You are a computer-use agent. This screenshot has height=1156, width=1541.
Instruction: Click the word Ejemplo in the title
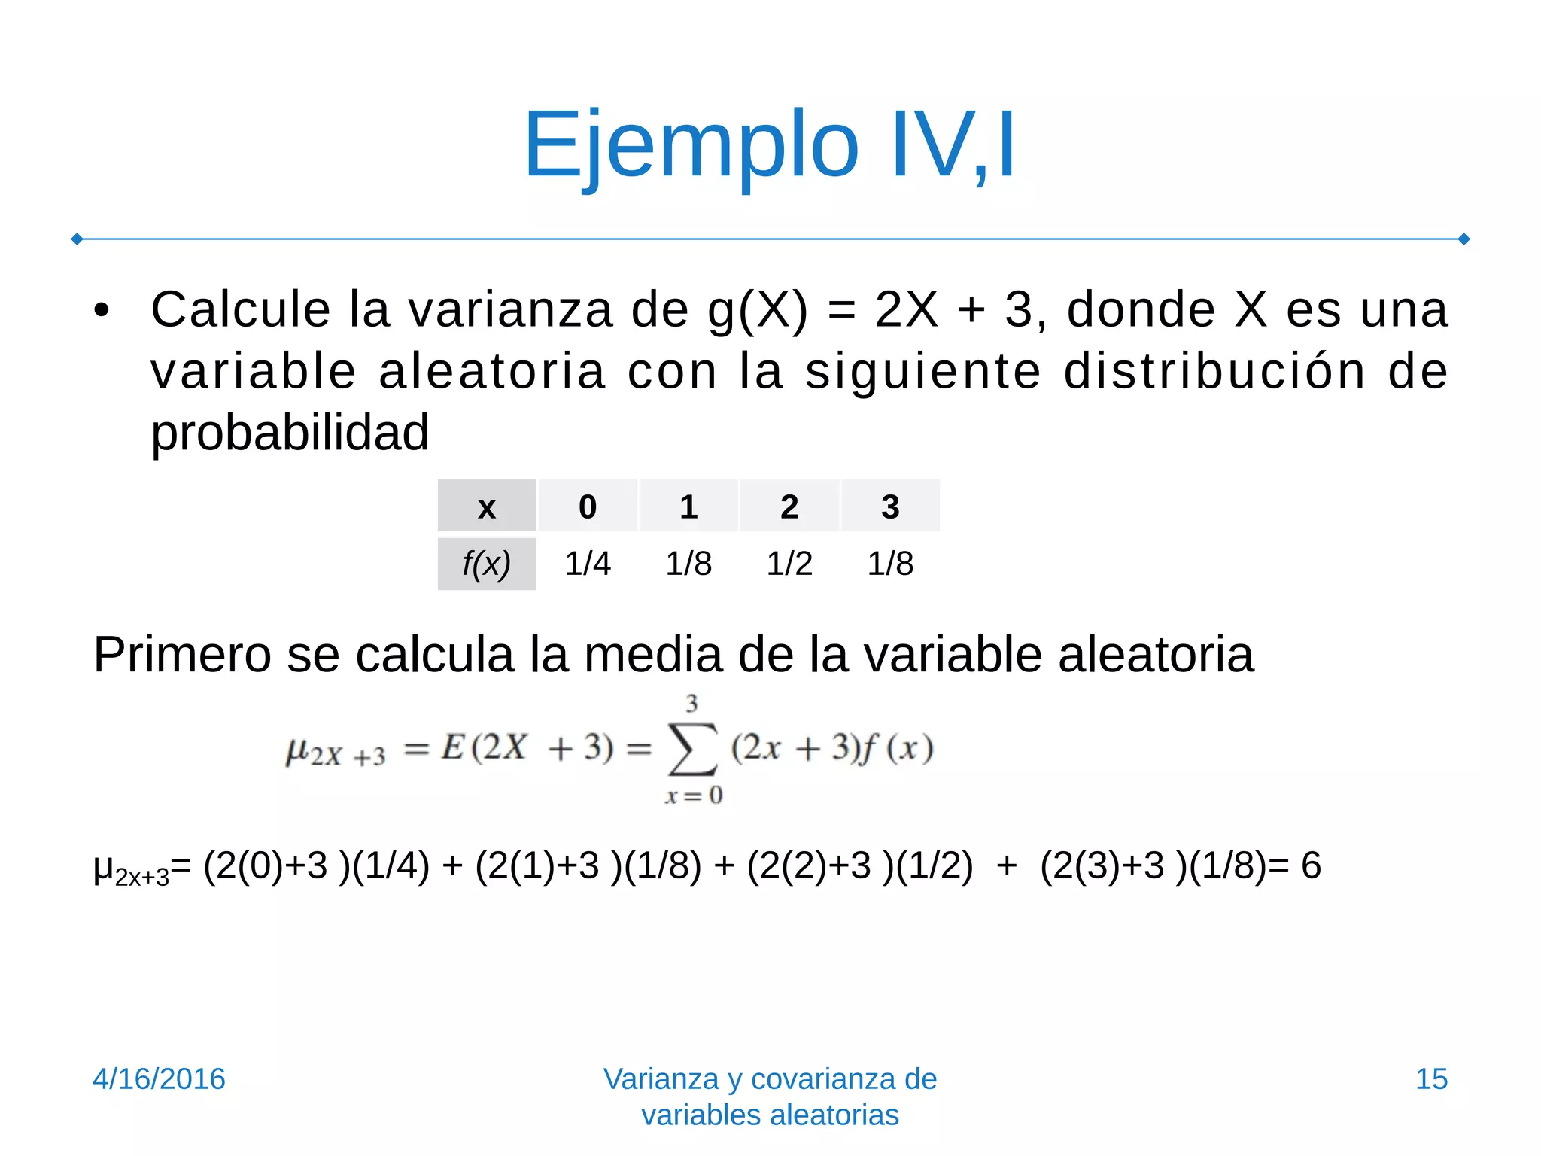pos(691,144)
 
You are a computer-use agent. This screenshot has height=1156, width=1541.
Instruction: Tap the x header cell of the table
pos(487,507)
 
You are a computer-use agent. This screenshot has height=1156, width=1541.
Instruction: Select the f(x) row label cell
pos(487,564)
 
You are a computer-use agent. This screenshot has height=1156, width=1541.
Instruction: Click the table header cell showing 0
pos(588,507)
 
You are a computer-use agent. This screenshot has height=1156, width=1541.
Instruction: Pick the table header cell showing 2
pos(789,507)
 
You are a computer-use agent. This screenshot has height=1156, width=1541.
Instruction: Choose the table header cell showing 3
pos(890,507)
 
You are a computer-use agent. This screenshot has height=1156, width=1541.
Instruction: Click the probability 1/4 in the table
pos(588,564)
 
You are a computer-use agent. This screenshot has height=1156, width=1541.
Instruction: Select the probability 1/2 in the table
pos(789,564)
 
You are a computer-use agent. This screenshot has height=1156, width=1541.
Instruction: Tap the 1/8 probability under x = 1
pos(688,564)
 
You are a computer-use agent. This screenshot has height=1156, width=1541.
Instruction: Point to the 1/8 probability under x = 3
pos(890,564)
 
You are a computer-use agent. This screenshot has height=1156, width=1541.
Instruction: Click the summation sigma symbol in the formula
pos(692,750)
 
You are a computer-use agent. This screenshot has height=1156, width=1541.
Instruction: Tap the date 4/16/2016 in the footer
pos(159,1078)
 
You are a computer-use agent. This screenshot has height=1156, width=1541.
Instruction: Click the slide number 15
pos(1431,1078)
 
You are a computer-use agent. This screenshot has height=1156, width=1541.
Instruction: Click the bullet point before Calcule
pos(102,311)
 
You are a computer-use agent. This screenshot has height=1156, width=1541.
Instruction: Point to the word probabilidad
pos(290,433)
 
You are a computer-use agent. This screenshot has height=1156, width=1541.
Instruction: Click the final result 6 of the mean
pos(1311,865)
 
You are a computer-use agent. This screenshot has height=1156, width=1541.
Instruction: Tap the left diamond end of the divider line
pos(77,239)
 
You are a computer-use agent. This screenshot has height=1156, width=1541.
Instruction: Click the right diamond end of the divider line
pos(1464,239)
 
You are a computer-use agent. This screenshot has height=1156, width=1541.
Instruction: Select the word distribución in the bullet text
pos(1214,372)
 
